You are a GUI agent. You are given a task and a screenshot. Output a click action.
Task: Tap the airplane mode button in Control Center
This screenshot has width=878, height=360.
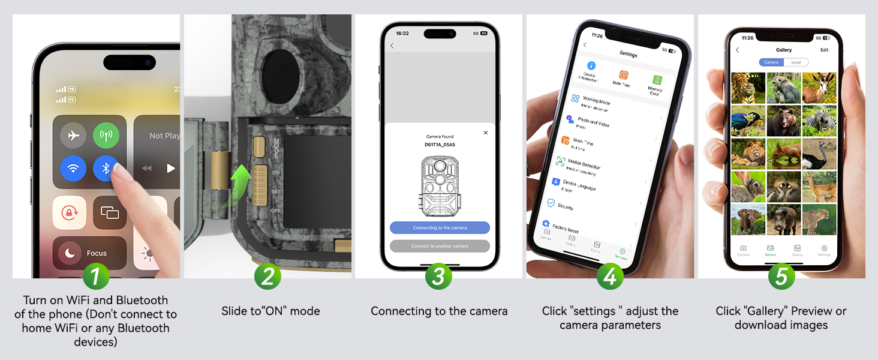click(x=73, y=136)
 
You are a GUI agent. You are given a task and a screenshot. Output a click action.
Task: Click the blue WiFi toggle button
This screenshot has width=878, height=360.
click(x=73, y=169)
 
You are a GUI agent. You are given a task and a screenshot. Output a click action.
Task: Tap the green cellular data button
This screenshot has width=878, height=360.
click(x=106, y=136)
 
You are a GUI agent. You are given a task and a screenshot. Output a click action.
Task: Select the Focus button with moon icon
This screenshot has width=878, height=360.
click(x=89, y=253)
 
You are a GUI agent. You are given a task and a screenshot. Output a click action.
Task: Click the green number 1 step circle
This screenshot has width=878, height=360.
click(x=97, y=277)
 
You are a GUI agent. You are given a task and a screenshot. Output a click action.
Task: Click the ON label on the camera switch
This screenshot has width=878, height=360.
click(x=276, y=173)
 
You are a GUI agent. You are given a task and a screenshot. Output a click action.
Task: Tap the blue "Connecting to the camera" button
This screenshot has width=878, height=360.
click(x=440, y=228)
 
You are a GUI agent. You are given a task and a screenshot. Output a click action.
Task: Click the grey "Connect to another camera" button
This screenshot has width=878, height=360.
click(x=440, y=246)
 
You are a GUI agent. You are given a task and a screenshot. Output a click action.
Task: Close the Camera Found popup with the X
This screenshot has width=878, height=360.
click(x=486, y=133)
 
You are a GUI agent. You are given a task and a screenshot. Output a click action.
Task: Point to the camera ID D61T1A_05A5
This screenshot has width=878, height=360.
click(x=440, y=145)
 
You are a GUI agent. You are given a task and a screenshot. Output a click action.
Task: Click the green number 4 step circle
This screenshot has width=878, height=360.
click(x=610, y=277)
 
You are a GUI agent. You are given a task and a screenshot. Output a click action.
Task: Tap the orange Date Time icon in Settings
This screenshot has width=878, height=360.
click(x=624, y=76)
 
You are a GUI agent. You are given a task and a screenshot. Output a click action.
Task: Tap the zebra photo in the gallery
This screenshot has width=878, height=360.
click(x=819, y=121)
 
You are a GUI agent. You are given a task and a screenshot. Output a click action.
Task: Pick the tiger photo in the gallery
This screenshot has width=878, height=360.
click(x=748, y=88)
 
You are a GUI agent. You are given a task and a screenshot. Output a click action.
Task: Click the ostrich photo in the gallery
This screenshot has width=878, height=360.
click(x=819, y=154)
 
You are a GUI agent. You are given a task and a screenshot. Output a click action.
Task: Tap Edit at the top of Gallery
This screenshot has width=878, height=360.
click(x=825, y=50)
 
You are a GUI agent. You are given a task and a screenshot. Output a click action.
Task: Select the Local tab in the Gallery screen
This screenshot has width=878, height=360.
click(x=796, y=62)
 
